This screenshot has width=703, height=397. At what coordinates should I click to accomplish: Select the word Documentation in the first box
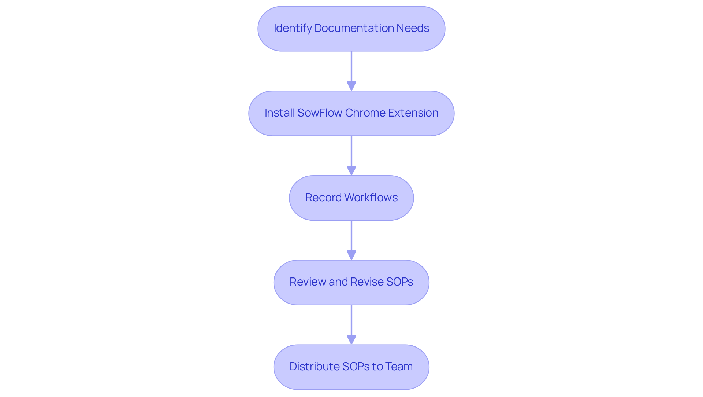354,28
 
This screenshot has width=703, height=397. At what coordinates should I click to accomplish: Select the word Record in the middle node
323,198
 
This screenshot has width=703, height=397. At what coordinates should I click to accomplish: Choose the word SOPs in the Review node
399,282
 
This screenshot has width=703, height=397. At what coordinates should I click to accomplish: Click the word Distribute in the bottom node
314,367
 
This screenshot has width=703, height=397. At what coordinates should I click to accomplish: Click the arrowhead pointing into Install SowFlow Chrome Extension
351,86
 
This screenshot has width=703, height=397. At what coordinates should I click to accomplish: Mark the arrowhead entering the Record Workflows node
351,171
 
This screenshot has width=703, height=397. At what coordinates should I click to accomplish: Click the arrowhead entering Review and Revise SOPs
351,256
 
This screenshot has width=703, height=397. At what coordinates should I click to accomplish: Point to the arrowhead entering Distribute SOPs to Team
351,340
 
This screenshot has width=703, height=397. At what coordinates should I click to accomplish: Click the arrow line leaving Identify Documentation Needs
351,66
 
